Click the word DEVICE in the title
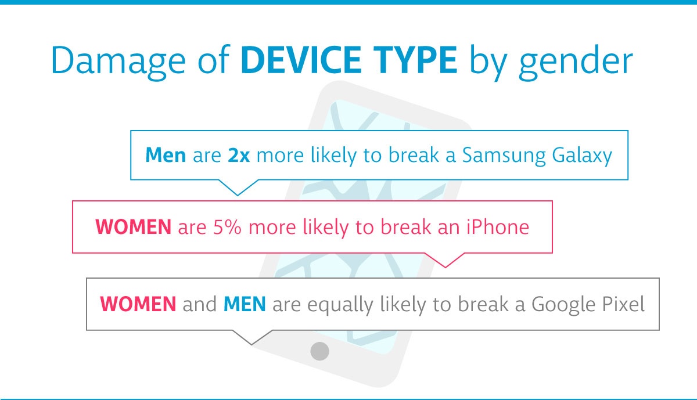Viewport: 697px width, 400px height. [301, 60]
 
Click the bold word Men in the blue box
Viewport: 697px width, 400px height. [166, 155]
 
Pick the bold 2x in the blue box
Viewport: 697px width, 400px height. [239, 155]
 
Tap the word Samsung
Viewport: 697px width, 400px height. [504, 156]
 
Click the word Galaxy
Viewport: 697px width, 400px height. [582, 156]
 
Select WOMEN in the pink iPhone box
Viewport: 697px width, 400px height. [133, 227]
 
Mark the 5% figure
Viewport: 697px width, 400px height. [227, 227]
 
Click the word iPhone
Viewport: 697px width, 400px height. [498, 226]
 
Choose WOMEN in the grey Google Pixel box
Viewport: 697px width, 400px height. [138, 304]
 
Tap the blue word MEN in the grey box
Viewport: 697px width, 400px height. [245, 304]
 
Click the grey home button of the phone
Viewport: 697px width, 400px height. [319, 351]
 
